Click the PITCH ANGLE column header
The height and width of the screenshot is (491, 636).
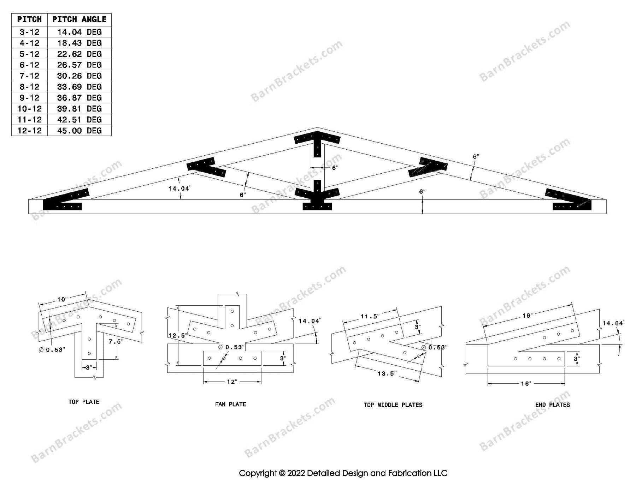click(79, 19)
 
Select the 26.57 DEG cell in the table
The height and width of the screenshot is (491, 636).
click(79, 65)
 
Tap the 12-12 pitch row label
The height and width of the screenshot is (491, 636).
click(29, 131)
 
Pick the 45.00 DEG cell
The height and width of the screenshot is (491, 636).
click(79, 131)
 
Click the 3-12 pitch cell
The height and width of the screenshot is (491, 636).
click(29, 32)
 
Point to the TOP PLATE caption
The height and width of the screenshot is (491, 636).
click(84, 402)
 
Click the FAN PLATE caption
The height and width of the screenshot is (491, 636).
click(230, 404)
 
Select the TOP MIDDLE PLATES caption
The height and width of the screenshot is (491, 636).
click(393, 405)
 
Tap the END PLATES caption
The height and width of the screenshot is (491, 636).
click(552, 405)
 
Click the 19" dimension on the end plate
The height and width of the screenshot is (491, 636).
click(527, 316)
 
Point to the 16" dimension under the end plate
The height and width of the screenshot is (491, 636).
click(526, 384)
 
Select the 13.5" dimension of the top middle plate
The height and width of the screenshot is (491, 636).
click(387, 373)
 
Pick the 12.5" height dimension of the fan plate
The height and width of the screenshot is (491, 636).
click(177, 335)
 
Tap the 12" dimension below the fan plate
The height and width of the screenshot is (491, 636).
click(232, 382)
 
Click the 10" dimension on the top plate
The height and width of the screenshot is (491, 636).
click(62, 300)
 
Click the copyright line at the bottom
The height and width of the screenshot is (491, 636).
click(343, 473)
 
